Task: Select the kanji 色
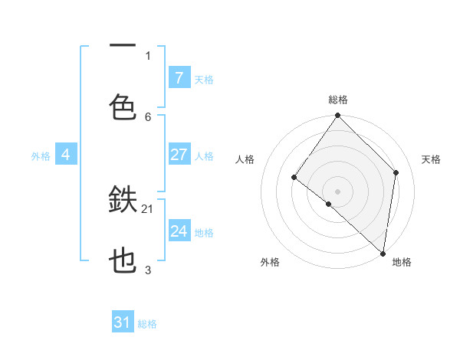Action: coord(123,106)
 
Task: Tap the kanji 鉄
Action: coord(123,201)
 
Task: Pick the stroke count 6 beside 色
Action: coord(148,116)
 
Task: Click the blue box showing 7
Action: coord(179,77)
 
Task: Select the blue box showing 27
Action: coord(179,155)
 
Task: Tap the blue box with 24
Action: coord(179,231)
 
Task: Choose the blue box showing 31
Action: coord(123,322)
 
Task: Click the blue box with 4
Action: coord(66,155)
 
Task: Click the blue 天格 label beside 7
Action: coord(204,79)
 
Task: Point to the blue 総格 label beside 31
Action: coord(147,324)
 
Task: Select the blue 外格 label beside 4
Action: coord(41,156)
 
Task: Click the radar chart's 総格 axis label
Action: coord(338,100)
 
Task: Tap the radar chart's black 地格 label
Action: coord(402,262)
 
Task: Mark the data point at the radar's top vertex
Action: coord(337,116)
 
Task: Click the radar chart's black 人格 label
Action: coord(245,160)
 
